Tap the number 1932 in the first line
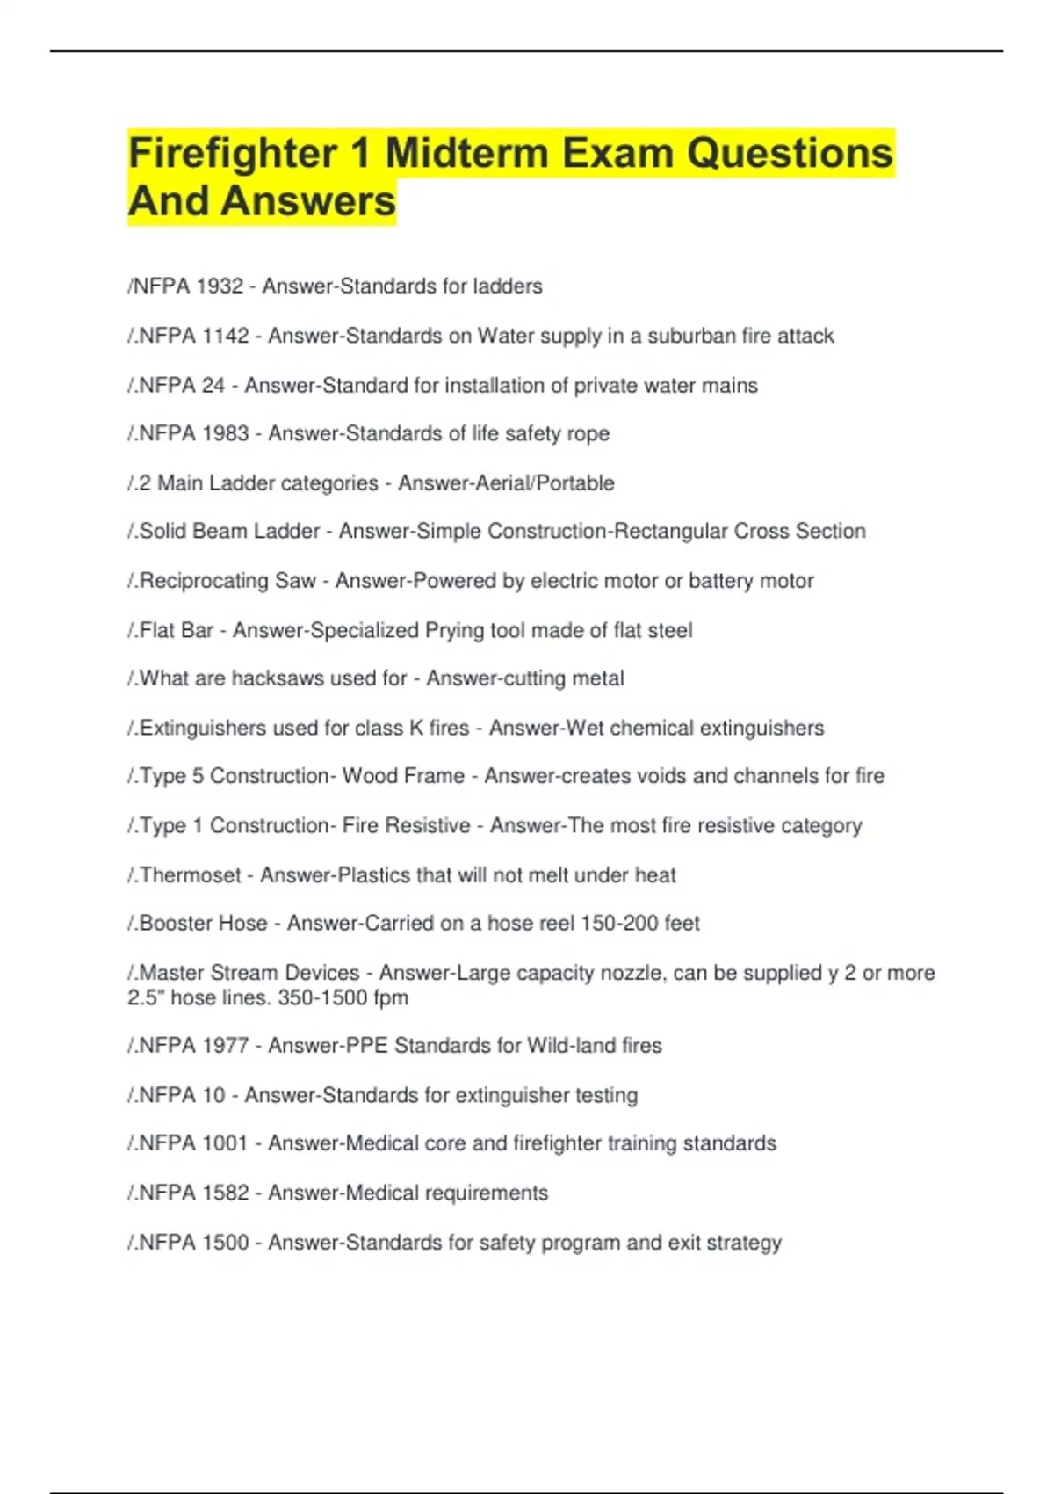[219, 286]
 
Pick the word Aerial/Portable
[506, 482]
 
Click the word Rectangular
[669, 531]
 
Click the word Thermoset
[190, 875]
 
